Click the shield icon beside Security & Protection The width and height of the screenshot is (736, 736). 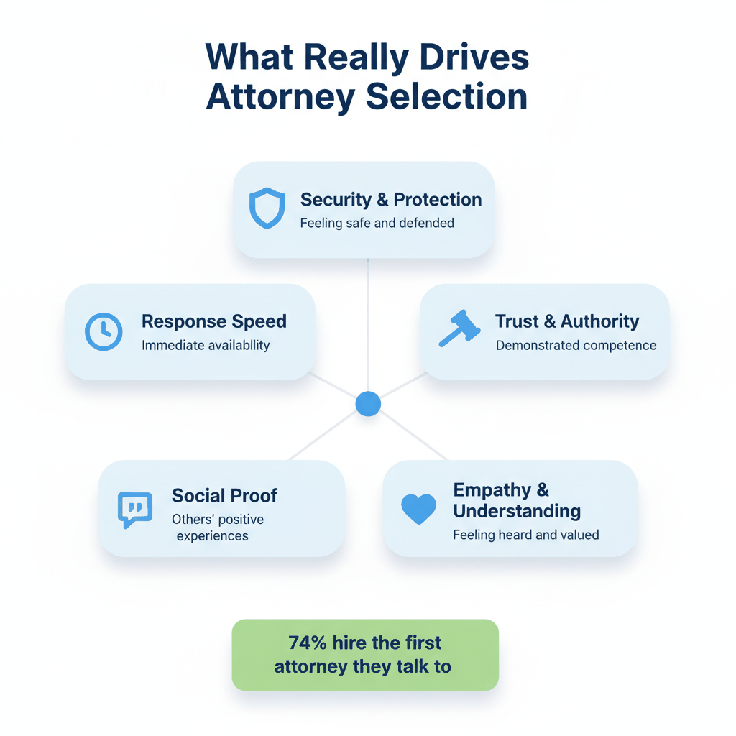click(267, 209)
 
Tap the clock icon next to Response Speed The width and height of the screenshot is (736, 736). click(103, 332)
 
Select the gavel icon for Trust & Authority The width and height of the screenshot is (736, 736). click(460, 328)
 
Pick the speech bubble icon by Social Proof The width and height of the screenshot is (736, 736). click(134, 510)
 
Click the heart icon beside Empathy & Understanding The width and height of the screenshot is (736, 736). click(418, 509)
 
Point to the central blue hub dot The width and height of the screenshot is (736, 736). click(368, 404)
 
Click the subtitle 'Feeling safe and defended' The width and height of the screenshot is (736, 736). click(377, 223)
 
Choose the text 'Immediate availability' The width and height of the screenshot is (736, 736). click(206, 345)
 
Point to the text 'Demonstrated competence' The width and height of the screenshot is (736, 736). click(576, 345)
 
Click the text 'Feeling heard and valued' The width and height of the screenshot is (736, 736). click(526, 535)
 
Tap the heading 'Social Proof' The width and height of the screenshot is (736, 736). click(224, 495)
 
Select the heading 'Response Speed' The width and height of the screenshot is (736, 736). click(214, 321)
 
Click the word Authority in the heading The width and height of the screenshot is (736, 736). click(599, 321)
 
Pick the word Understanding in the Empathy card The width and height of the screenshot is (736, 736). click(517, 511)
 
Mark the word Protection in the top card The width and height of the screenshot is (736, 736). click(437, 199)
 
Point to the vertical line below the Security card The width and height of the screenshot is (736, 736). click(368, 323)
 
